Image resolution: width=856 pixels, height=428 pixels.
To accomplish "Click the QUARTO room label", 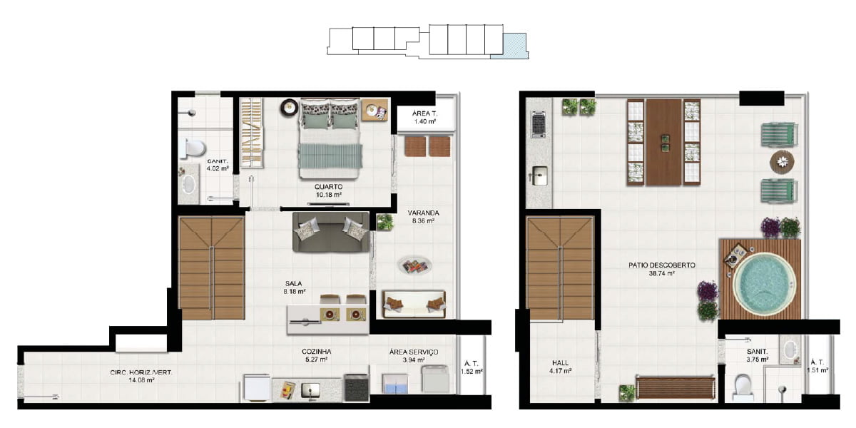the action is point(328,187).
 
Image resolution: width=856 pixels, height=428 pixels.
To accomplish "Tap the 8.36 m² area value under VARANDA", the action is point(423,221).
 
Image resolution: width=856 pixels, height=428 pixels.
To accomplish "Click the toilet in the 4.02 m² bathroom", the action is point(193,148).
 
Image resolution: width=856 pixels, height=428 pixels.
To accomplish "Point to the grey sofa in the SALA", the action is point(331,232).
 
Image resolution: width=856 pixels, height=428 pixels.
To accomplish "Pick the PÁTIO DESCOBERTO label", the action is point(661,265).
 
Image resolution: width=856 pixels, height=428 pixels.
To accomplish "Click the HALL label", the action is point(560,362).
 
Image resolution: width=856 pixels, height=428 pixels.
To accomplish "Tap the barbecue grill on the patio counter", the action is point(539,123).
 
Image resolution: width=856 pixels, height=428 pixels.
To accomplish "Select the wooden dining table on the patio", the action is point(664,142).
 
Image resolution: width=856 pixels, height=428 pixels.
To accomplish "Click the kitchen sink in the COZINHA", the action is point(310,391).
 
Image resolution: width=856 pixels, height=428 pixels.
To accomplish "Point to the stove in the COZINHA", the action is point(357,387).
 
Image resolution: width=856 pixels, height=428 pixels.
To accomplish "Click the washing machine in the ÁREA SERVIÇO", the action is point(436,379).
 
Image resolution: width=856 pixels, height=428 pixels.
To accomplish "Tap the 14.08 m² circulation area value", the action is point(141,380).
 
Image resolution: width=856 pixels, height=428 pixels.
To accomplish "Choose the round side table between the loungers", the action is point(782,162).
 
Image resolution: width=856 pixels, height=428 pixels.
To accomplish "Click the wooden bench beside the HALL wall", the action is point(676,387).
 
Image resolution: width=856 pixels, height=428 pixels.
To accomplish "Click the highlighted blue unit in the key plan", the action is point(509,46).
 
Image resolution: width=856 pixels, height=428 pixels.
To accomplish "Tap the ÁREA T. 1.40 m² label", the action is point(424,118).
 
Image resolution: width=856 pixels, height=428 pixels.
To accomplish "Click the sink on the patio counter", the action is point(539,175).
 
